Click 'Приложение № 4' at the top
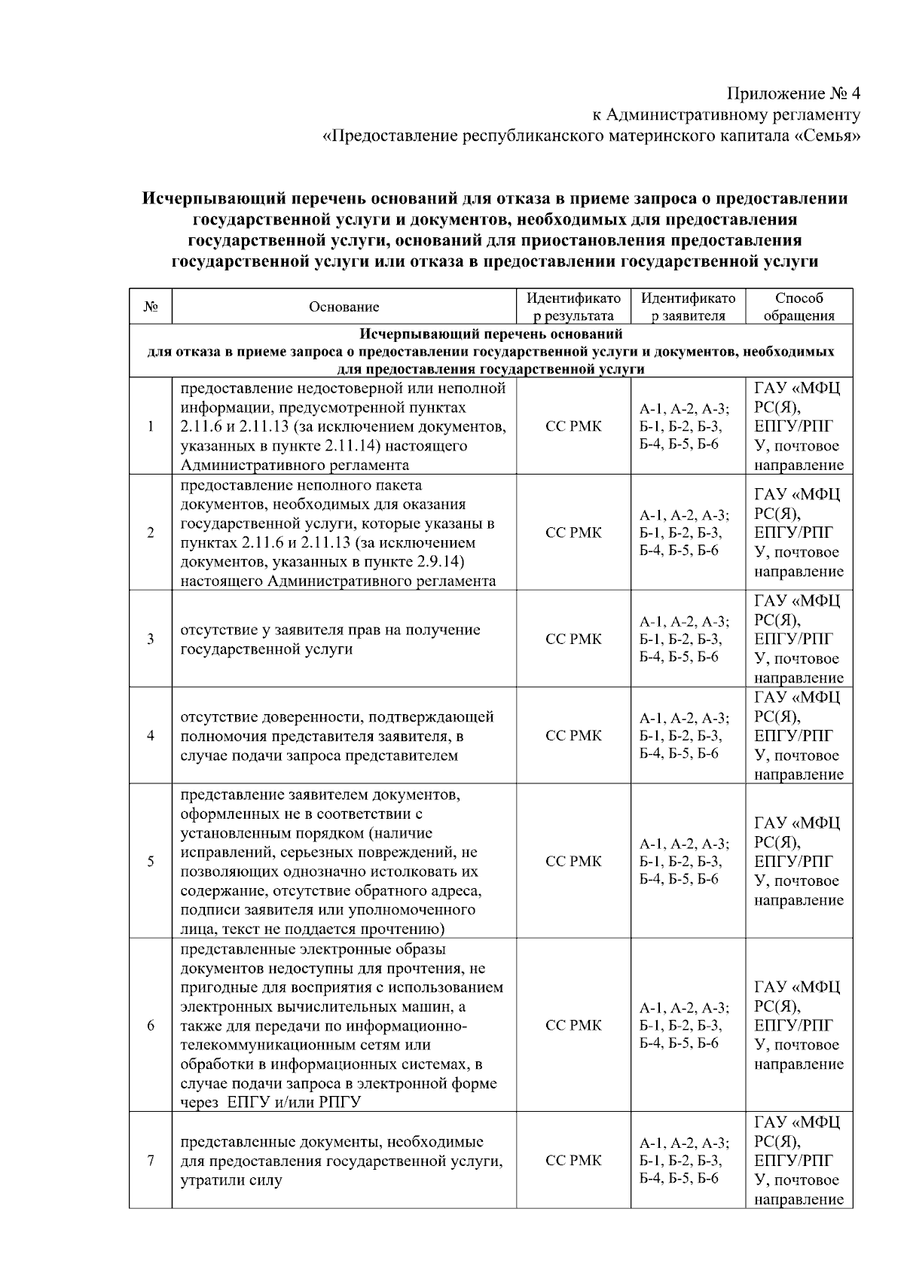[x=793, y=93]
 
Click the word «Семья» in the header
[x=827, y=136]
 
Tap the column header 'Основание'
[x=344, y=307]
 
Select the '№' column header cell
[x=150, y=307]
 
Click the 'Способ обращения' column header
[x=799, y=307]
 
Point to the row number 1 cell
[x=151, y=426]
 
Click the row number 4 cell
[x=151, y=735]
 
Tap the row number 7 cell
[x=151, y=1160]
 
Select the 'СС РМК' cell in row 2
[x=573, y=533]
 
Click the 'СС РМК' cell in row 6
[x=573, y=1025]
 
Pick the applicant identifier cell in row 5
[x=684, y=861]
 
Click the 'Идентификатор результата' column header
[x=573, y=307]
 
